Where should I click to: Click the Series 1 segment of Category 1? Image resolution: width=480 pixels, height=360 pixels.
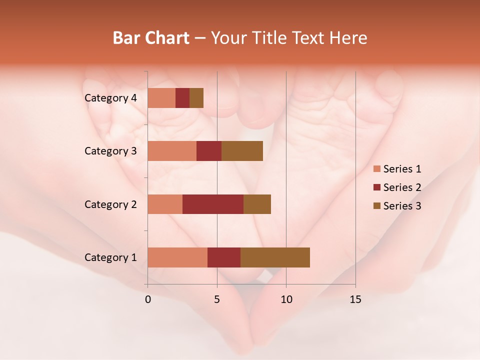point(177,257)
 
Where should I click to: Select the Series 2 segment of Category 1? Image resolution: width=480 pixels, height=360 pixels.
point(224,257)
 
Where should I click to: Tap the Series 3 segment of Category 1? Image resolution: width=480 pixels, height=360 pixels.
point(275,257)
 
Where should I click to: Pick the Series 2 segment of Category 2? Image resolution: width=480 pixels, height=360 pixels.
point(213,204)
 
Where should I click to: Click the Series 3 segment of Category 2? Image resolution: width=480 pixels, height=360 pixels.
point(257,204)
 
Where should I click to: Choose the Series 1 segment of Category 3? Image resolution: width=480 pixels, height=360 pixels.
point(172,151)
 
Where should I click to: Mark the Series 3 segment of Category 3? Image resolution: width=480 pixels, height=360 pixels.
point(242,151)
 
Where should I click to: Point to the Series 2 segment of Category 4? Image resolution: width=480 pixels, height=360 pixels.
point(182,98)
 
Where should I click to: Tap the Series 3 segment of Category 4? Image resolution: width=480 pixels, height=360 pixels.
point(196,98)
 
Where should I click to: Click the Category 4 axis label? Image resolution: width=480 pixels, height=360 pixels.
point(110,98)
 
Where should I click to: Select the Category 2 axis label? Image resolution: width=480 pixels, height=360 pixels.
point(110,204)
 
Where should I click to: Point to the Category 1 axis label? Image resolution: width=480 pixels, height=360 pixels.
point(110,257)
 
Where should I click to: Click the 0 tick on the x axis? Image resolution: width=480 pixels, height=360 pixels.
point(148,299)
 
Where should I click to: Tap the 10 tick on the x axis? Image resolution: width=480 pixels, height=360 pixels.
point(286,299)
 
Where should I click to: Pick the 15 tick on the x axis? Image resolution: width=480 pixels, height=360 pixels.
point(355,299)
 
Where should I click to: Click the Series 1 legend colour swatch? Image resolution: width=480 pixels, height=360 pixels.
point(377,169)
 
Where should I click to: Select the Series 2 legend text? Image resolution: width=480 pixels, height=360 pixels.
point(402,187)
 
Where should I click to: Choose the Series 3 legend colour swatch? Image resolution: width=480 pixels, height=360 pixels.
point(377,206)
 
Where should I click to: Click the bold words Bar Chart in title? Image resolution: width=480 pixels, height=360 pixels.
point(151,38)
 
